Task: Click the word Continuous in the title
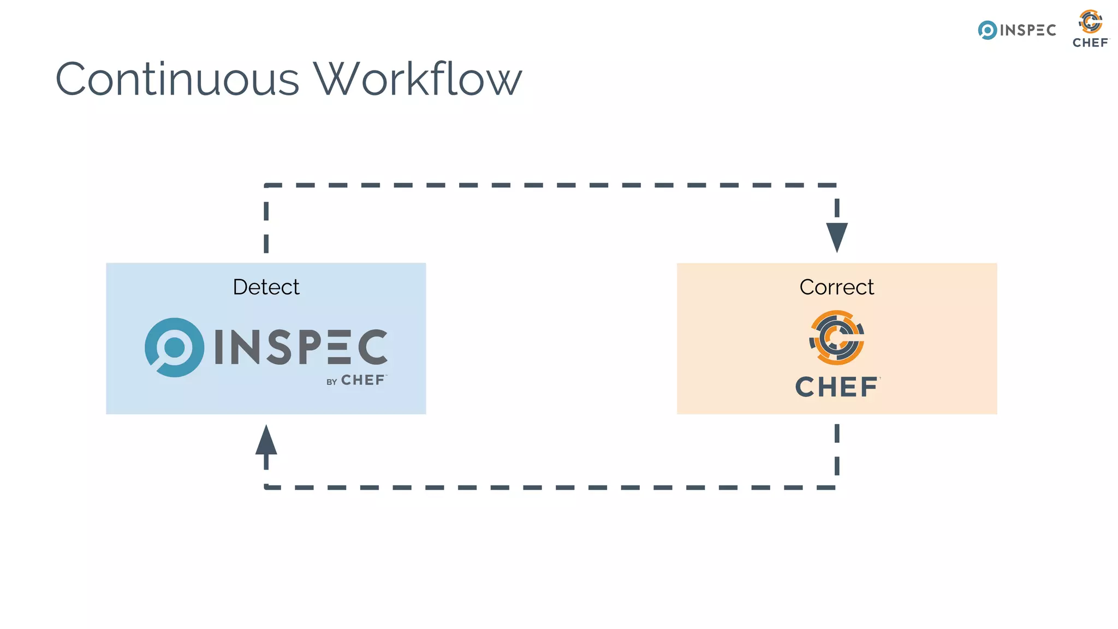pos(177,79)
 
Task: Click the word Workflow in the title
pos(417,79)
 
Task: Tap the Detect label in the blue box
pos(266,287)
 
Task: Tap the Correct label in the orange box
pos(836,287)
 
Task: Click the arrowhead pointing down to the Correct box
pos(837,236)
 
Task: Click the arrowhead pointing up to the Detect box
pos(266,441)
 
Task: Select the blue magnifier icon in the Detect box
pos(174,348)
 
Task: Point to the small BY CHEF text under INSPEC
pos(356,381)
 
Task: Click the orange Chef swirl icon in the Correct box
pos(836,338)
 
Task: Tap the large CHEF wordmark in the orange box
pos(836,387)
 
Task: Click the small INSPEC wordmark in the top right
pos(1027,31)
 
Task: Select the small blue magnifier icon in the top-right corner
pos(987,31)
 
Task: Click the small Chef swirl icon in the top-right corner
pos(1090,22)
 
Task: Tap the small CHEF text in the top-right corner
pos(1090,43)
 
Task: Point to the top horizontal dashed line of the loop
pos(551,185)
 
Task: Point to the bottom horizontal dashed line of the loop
pos(551,487)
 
